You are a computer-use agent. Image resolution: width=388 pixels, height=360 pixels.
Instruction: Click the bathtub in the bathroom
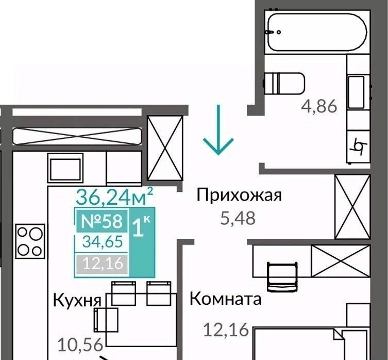317,32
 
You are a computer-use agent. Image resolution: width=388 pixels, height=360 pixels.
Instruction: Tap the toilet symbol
284,84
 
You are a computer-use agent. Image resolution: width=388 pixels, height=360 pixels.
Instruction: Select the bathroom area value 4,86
319,106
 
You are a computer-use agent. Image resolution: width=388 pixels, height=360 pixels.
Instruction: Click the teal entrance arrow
218,130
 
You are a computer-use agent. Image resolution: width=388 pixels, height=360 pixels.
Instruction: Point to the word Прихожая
239,195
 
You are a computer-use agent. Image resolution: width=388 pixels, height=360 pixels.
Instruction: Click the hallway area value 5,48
238,218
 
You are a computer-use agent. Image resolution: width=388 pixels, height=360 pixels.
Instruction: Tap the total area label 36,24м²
114,196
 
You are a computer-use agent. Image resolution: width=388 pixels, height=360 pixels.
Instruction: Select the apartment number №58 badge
102,221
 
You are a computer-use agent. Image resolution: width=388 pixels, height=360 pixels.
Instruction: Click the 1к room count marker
142,226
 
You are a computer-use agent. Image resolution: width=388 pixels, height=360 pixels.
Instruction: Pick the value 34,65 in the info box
103,241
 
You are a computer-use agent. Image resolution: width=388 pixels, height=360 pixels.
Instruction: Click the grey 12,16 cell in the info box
102,264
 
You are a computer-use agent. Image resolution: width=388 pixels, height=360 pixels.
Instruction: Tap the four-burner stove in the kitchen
30,241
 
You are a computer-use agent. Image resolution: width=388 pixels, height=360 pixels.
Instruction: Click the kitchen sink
65,168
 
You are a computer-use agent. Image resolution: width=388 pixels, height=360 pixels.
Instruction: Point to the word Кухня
77,300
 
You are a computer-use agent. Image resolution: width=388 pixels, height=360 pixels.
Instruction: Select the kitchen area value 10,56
80,345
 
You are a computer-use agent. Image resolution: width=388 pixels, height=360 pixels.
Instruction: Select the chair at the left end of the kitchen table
106,320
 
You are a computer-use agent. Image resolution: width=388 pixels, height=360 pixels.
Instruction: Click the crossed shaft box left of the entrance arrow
165,148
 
